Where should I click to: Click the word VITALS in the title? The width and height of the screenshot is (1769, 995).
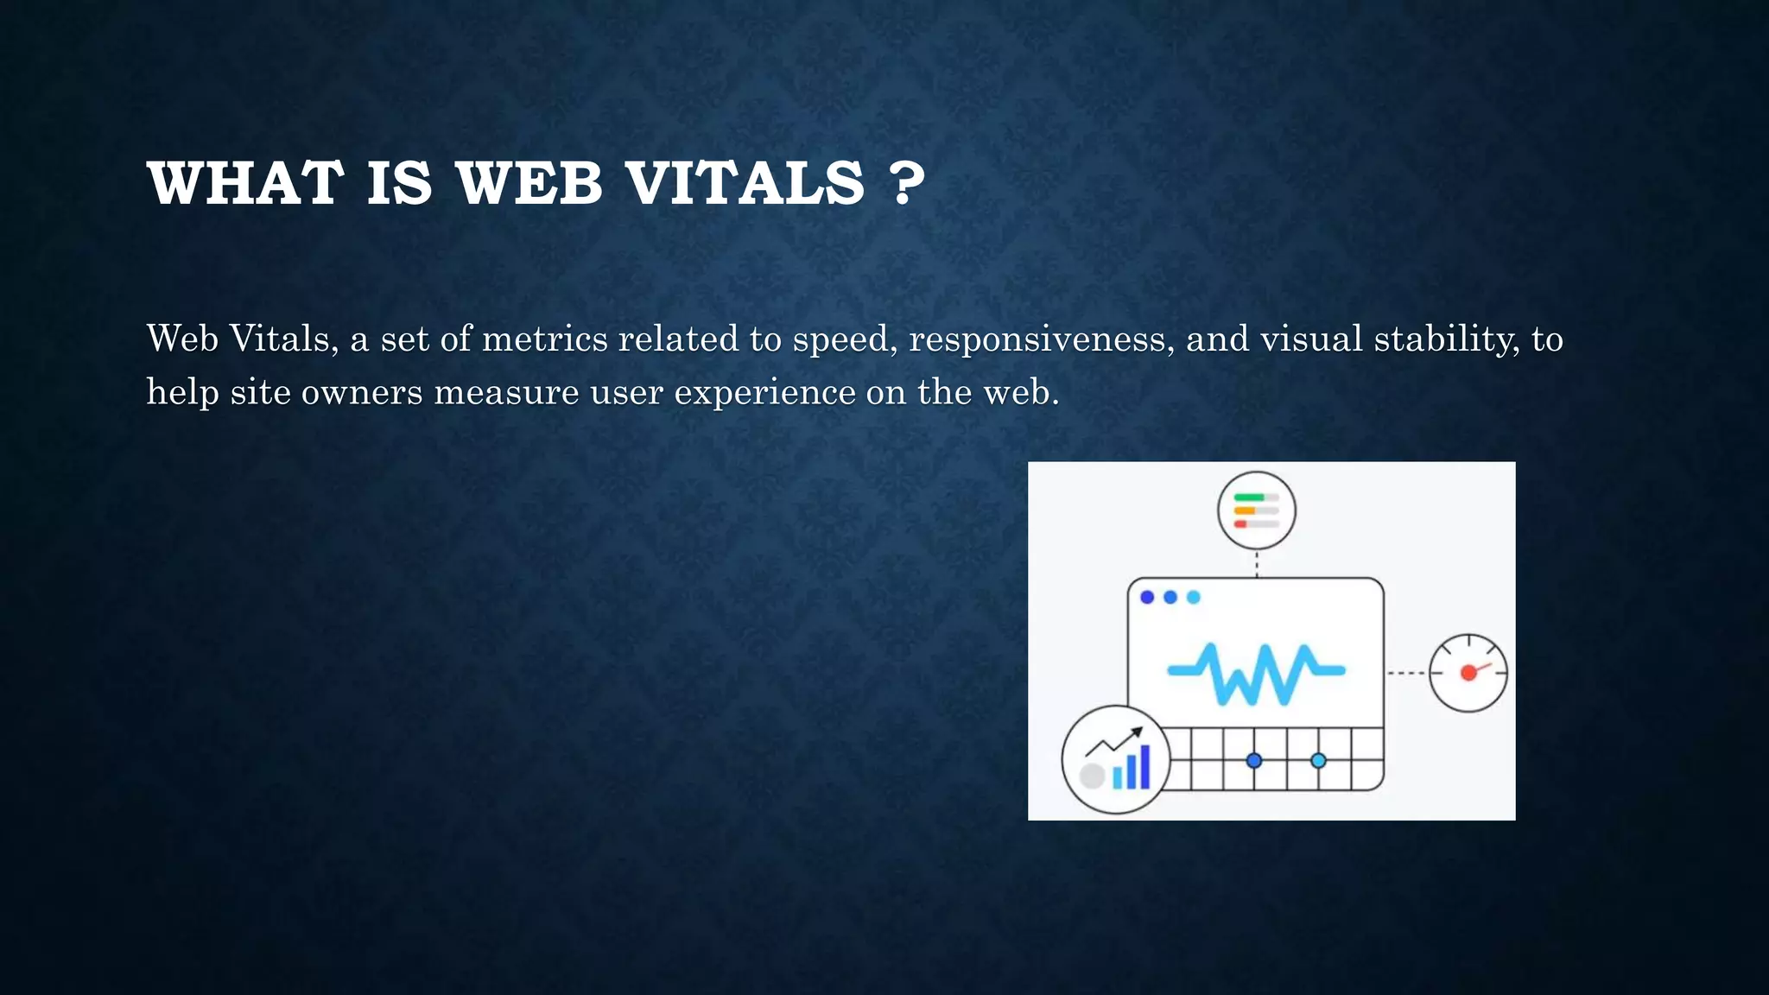pos(745,183)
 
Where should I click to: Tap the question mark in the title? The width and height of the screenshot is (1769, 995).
pos(906,183)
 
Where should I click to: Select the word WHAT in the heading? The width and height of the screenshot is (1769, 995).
pos(245,183)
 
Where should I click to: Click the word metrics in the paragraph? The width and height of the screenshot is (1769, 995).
pos(544,339)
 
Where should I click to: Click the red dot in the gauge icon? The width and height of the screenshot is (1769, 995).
pos(1468,673)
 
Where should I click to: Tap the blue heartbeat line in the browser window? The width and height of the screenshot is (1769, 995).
pos(1256,672)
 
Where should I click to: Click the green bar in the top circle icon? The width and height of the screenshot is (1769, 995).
pos(1249,497)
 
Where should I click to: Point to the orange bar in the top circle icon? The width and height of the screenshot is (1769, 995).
pos(1245,510)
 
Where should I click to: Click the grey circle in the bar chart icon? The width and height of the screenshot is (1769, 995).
pos(1093,776)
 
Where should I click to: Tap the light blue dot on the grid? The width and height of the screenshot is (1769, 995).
pos(1318,761)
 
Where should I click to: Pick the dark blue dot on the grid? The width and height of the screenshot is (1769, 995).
pos(1254,761)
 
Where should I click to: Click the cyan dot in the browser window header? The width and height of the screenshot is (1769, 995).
pos(1194,597)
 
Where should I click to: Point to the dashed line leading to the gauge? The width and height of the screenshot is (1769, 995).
pos(1405,673)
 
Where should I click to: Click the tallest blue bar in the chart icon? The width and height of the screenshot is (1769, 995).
pos(1145,767)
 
